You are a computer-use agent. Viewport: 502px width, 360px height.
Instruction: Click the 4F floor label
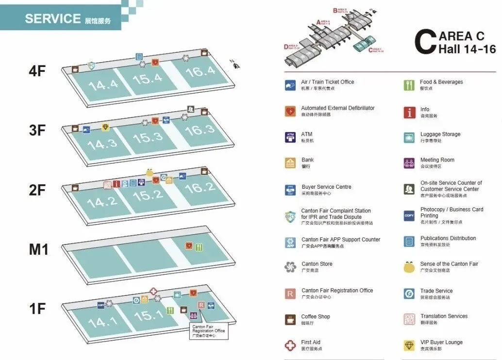click(37, 71)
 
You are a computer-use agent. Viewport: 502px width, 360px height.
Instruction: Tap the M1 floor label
click(38, 249)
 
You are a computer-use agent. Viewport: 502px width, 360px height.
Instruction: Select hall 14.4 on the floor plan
click(103, 84)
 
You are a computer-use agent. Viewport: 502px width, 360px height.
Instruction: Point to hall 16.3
click(200, 130)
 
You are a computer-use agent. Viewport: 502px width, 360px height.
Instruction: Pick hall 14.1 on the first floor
click(102, 321)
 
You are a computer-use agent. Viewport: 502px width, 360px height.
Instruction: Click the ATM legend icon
click(290, 137)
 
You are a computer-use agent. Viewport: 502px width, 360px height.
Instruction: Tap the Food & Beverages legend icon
click(409, 85)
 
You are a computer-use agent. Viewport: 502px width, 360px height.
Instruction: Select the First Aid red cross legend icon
click(290, 345)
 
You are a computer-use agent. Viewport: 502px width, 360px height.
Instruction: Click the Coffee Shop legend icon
click(290, 319)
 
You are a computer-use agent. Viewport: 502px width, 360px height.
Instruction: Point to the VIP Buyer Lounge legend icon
click(409, 345)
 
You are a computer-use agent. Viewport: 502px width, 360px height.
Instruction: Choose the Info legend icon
click(409, 113)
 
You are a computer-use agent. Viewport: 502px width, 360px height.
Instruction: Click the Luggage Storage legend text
click(440, 134)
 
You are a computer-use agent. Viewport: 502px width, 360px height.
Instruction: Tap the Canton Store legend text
click(317, 264)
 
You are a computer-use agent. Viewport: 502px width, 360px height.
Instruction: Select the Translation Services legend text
click(444, 316)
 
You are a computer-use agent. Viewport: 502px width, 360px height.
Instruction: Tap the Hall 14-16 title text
click(467, 49)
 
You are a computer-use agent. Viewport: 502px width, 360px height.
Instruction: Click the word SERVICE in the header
click(52, 19)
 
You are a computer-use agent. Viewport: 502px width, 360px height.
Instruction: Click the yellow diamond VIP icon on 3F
click(105, 127)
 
